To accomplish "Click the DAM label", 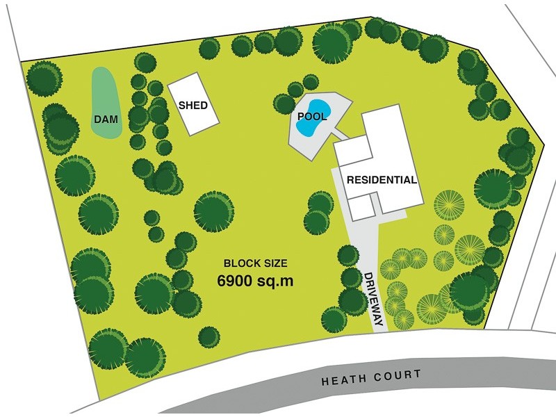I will tap(106, 120).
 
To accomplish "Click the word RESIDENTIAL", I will tap(382, 179).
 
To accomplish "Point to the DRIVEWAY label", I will tap(371, 299).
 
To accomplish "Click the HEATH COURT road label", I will tap(372, 377).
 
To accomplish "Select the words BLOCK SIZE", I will tap(255, 264).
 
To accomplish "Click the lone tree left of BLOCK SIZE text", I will tap(213, 211).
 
